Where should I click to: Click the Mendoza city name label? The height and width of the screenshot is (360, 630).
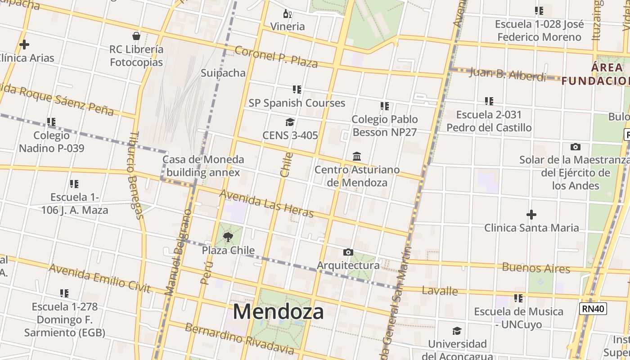tap(278, 311)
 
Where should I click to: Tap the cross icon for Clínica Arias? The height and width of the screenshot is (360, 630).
tap(24, 45)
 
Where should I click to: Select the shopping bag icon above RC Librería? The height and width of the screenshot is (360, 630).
tap(136, 36)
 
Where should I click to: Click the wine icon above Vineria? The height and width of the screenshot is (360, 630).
tap(288, 14)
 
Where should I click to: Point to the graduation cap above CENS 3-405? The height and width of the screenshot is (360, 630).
tap(290, 122)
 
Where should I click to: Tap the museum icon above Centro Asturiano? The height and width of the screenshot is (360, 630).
tap(357, 156)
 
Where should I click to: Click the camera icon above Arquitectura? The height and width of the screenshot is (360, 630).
tap(348, 252)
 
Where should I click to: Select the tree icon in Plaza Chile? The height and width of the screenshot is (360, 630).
tap(228, 237)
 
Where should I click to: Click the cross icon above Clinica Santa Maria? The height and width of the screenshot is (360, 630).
tap(531, 215)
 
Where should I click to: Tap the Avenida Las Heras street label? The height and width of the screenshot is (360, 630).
tap(266, 203)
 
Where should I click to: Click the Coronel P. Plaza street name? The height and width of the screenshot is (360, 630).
tap(276, 56)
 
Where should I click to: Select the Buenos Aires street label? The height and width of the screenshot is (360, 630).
tap(536, 268)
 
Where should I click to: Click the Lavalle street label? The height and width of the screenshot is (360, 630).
tap(440, 291)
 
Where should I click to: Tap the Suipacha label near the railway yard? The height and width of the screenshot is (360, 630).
tap(223, 73)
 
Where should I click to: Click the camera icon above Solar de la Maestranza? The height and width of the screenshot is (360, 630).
tap(575, 147)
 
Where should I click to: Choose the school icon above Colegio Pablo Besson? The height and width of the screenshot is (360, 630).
tap(384, 106)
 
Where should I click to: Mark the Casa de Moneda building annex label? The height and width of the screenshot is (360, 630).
tap(203, 166)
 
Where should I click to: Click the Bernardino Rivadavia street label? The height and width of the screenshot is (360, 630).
tap(239, 338)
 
